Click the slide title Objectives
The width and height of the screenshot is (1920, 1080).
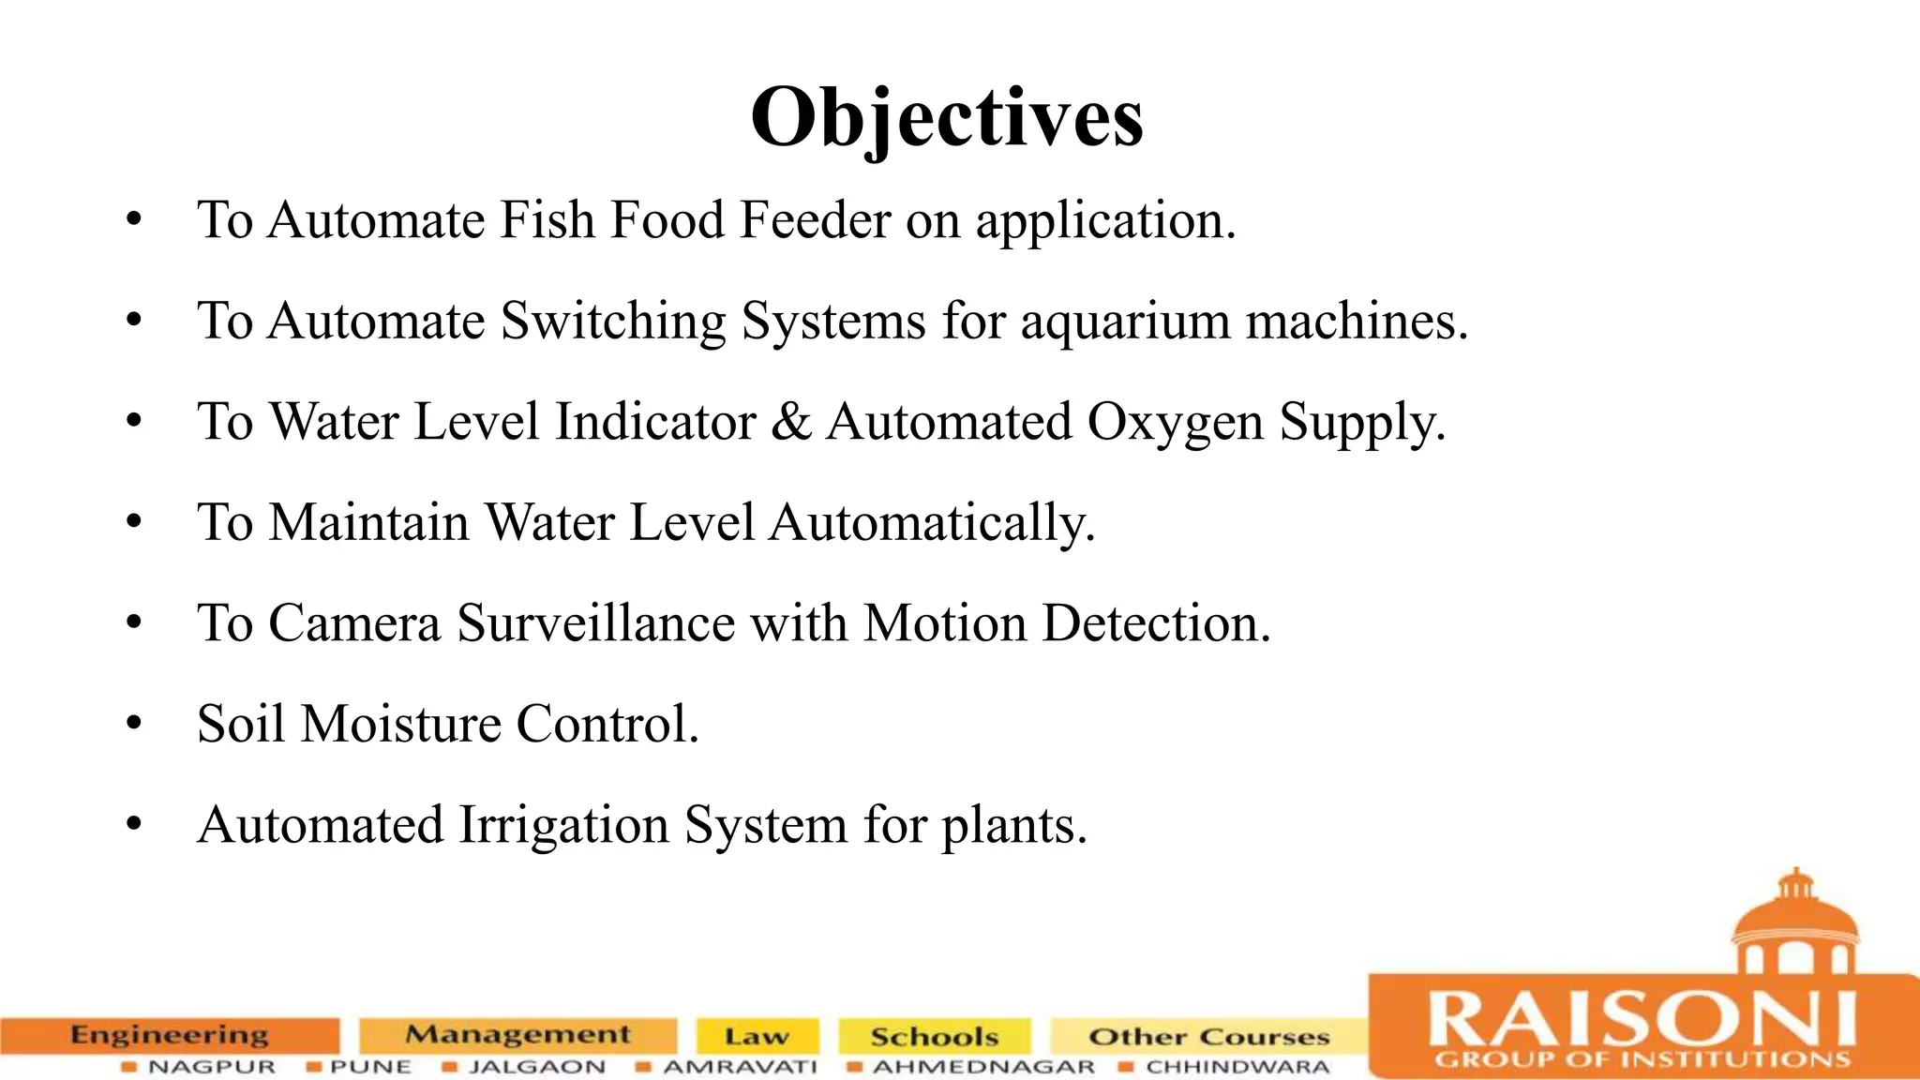point(947,118)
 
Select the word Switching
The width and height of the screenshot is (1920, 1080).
point(613,322)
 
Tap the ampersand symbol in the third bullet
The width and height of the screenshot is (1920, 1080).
point(791,421)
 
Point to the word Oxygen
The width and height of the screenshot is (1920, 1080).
point(1176,423)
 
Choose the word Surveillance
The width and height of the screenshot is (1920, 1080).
point(595,623)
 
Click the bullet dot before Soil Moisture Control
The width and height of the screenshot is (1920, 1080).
point(134,724)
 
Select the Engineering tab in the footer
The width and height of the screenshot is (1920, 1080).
point(170,1035)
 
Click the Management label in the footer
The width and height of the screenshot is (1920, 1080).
point(517,1035)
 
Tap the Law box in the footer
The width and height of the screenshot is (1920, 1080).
point(757,1036)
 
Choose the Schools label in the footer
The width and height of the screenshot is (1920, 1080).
point(934,1036)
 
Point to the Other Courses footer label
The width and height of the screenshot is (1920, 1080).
point(1208,1036)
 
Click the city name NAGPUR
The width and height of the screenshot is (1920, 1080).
point(212,1067)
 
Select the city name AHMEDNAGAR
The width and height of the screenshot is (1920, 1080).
point(983,1067)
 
